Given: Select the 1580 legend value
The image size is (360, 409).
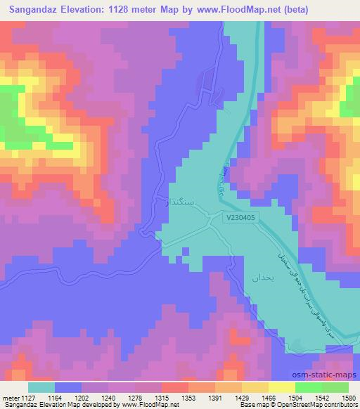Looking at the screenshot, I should point(348,398).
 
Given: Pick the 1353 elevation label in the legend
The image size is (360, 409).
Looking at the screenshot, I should point(188,398).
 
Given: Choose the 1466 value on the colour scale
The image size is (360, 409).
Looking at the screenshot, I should point(268,398).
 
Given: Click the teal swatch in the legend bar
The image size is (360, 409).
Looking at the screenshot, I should point(41,387).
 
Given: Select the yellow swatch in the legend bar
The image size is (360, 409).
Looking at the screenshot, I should point(281,387).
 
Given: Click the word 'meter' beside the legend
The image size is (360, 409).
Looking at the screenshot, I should point(9,398).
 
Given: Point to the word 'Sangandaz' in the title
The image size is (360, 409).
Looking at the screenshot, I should point(37,9).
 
